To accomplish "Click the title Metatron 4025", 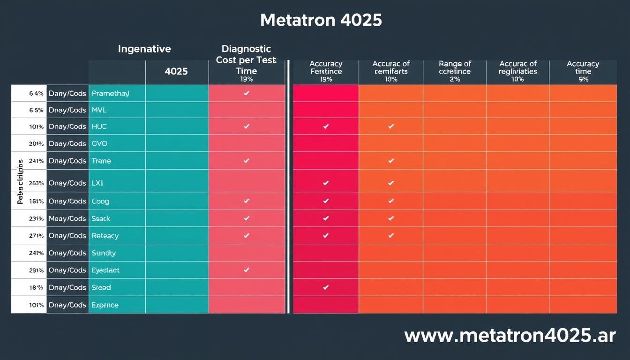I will pyautogui.click(x=321, y=20).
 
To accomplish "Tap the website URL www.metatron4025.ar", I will pyautogui.click(x=510, y=336).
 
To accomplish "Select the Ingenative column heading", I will pyautogui.click(x=144, y=49).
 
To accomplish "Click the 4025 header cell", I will pyautogui.click(x=176, y=72).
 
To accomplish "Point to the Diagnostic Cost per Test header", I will pyautogui.click(x=246, y=60).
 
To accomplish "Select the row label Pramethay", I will pyautogui.click(x=111, y=93).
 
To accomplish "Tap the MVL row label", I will pyautogui.click(x=99, y=110).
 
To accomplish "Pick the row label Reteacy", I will pyautogui.click(x=105, y=236).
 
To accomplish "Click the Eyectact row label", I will pyautogui.click(x=106, y=270).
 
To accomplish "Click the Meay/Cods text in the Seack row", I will pyautogui.click(x=67, y=218).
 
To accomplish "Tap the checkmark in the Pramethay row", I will pyautogui.click(x=247, y=93).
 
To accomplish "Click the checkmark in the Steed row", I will pyautogui.click(x=326, y=287).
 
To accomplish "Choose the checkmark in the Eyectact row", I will pyautogui.click(x=247, y=270).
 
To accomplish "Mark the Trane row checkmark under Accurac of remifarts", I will pyautogui.click(x=391, y=161).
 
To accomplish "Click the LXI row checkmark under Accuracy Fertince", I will pyautogui.click(x=326, y=183).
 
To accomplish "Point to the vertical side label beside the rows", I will pyautogui.click(x=20, y=181).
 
